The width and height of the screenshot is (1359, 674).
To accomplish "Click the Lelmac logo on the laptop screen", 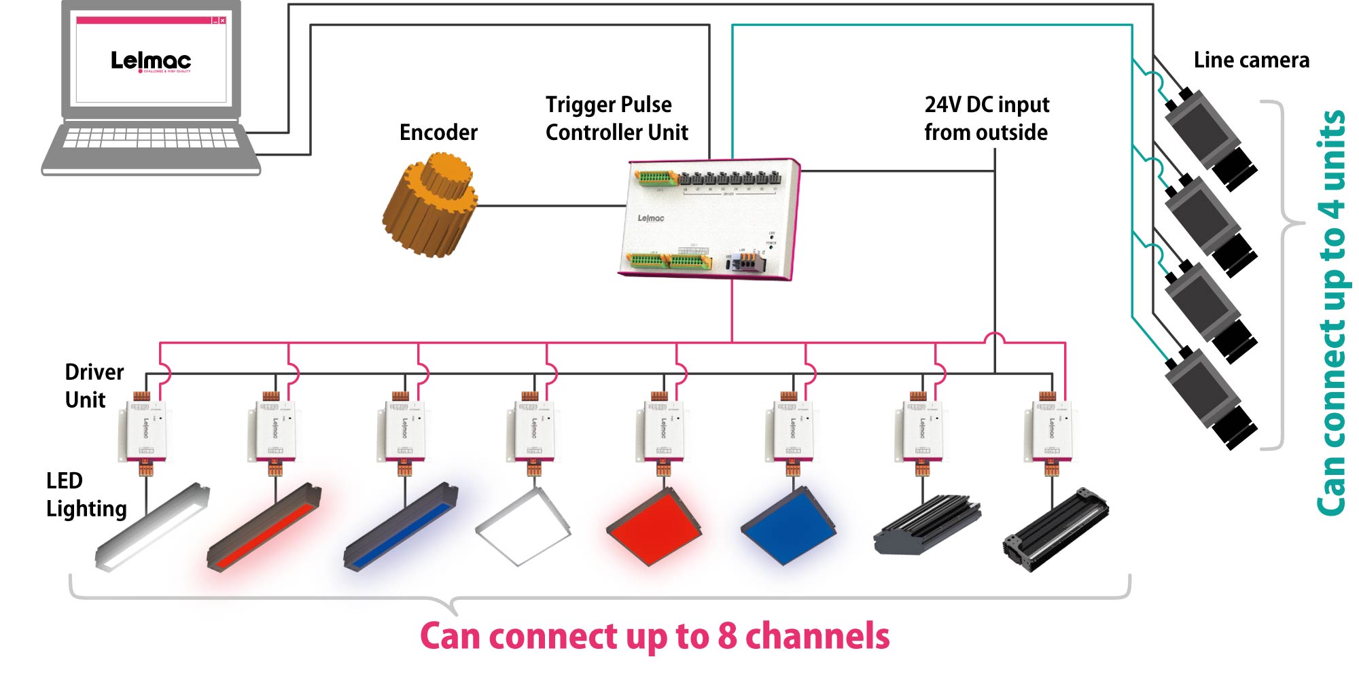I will (x=151, y=60).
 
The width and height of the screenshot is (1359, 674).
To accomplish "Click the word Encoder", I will (x=438, y=132).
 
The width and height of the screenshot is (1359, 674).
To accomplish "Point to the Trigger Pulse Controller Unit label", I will (x=616, y=118).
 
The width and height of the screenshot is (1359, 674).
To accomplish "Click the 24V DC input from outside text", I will (x=986, y=118).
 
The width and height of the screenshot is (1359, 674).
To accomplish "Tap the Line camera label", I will (x=1251, y=60).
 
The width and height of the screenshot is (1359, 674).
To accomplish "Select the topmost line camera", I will (x=1210, y=139).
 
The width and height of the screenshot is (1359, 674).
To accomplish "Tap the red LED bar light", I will (x=264, y=529).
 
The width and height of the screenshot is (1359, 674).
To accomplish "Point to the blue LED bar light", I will (x=401, y=529).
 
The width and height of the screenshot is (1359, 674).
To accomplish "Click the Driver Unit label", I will (x=93, y=386).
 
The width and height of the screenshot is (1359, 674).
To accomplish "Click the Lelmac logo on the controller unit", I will (x=650, y=218).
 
